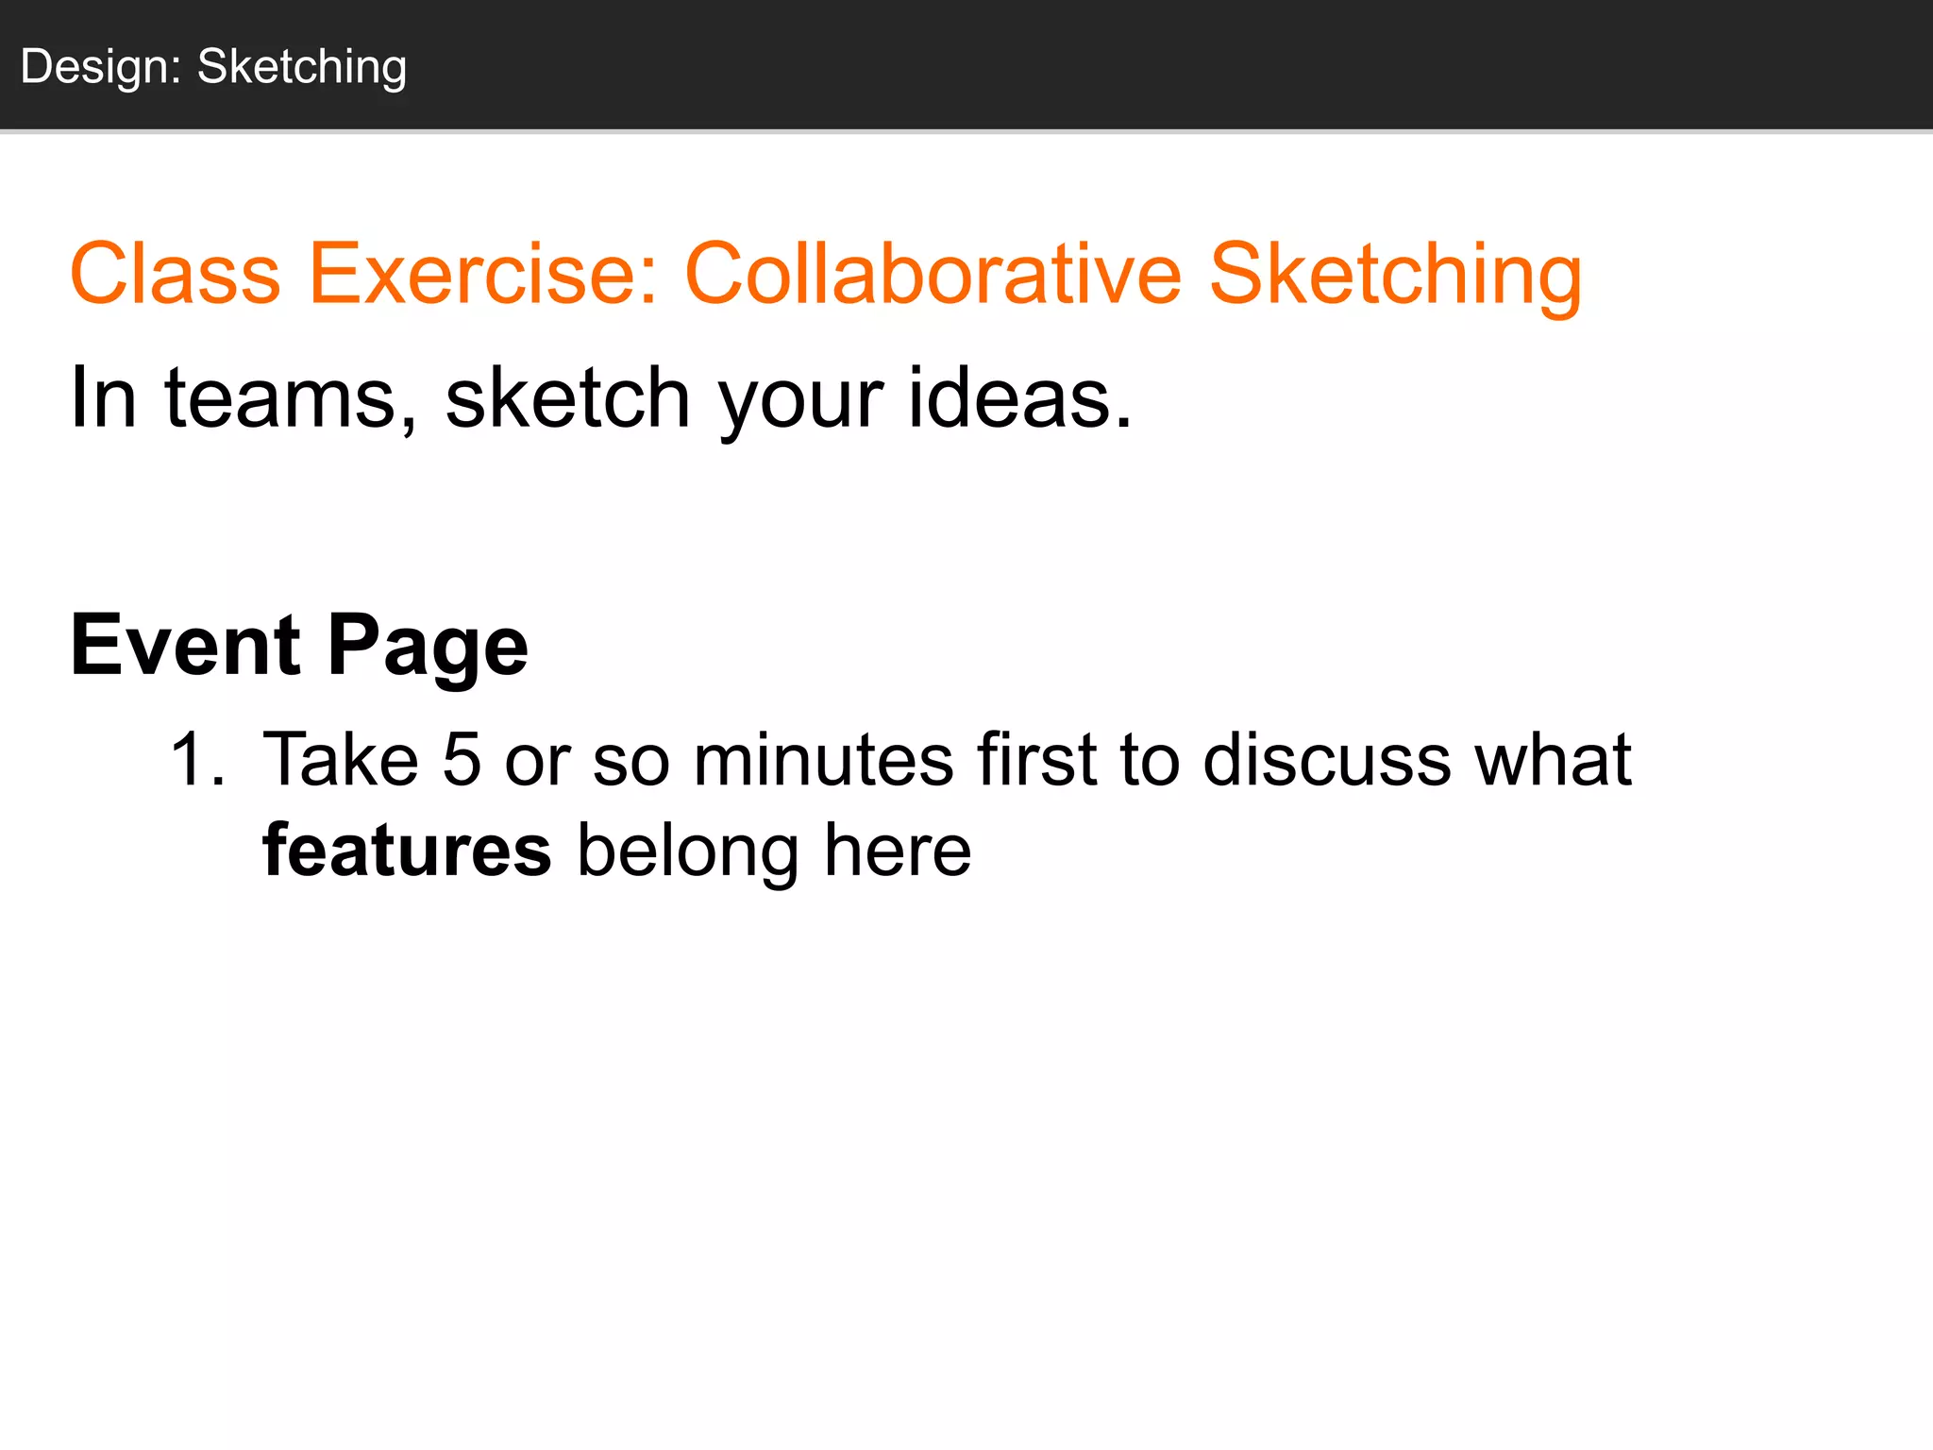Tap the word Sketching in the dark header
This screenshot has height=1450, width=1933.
(x=302, y=68)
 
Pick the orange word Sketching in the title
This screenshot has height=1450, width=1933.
(x=1395, y=276)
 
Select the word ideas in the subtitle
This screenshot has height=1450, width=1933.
(x=1019, y=397)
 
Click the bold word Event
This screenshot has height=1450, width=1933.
(x=186, y=646)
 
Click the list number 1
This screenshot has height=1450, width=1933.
(x=196, y=760)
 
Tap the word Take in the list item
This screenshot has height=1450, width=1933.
(x=341, y=760)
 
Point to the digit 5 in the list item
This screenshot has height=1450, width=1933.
(x=462, y=760)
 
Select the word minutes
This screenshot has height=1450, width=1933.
(x=823, y=760)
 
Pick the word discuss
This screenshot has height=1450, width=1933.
(x=1326, y=760)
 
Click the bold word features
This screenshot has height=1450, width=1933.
(x=407, y=851)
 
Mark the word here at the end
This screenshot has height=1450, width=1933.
(x=898, y=851)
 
